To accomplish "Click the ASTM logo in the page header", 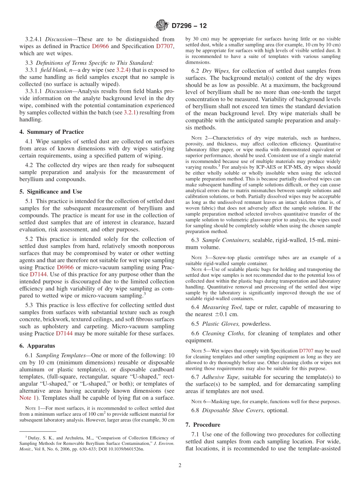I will click(162, 26).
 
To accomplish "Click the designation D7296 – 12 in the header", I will click(189, 26).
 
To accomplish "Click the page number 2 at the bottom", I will click(180, 465).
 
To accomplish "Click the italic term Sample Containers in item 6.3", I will click(226, 240).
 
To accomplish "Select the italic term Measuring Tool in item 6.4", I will click(223, 307).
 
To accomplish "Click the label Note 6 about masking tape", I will click(196, 401).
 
